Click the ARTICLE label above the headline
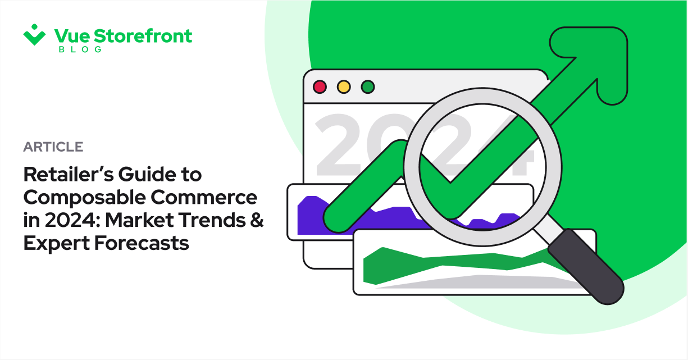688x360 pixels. click(53, 147)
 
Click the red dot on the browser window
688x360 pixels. click(320, 87)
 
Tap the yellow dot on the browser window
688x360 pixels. click(344, 87)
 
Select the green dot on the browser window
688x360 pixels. click(367, 87)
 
